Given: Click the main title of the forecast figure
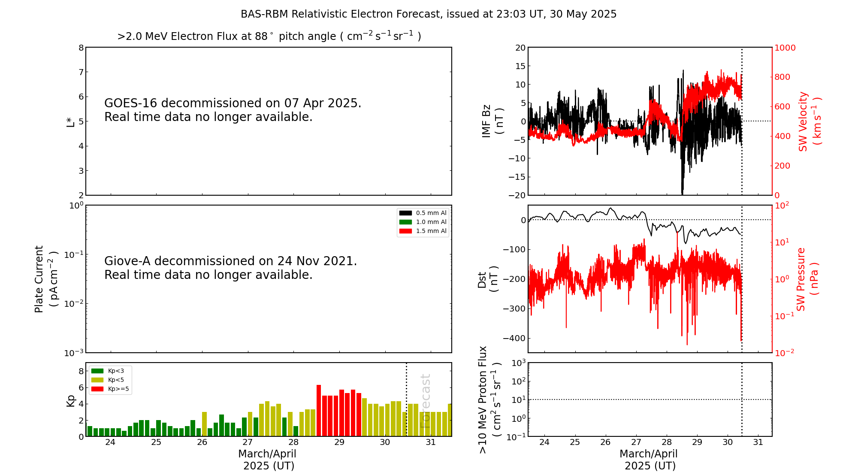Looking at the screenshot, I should [428, 14].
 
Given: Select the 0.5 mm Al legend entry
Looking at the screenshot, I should [423, 213].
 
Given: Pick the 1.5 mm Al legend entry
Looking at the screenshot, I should [423, 231].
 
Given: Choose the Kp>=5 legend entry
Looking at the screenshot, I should [110, 389].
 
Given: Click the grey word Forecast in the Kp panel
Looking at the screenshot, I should [425, 401].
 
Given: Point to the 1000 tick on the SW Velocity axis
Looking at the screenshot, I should [785, 48].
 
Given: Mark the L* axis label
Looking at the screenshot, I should [70, 121].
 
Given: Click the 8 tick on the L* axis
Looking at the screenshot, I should [81, 48].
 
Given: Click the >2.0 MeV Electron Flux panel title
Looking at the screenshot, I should [269, 36].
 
